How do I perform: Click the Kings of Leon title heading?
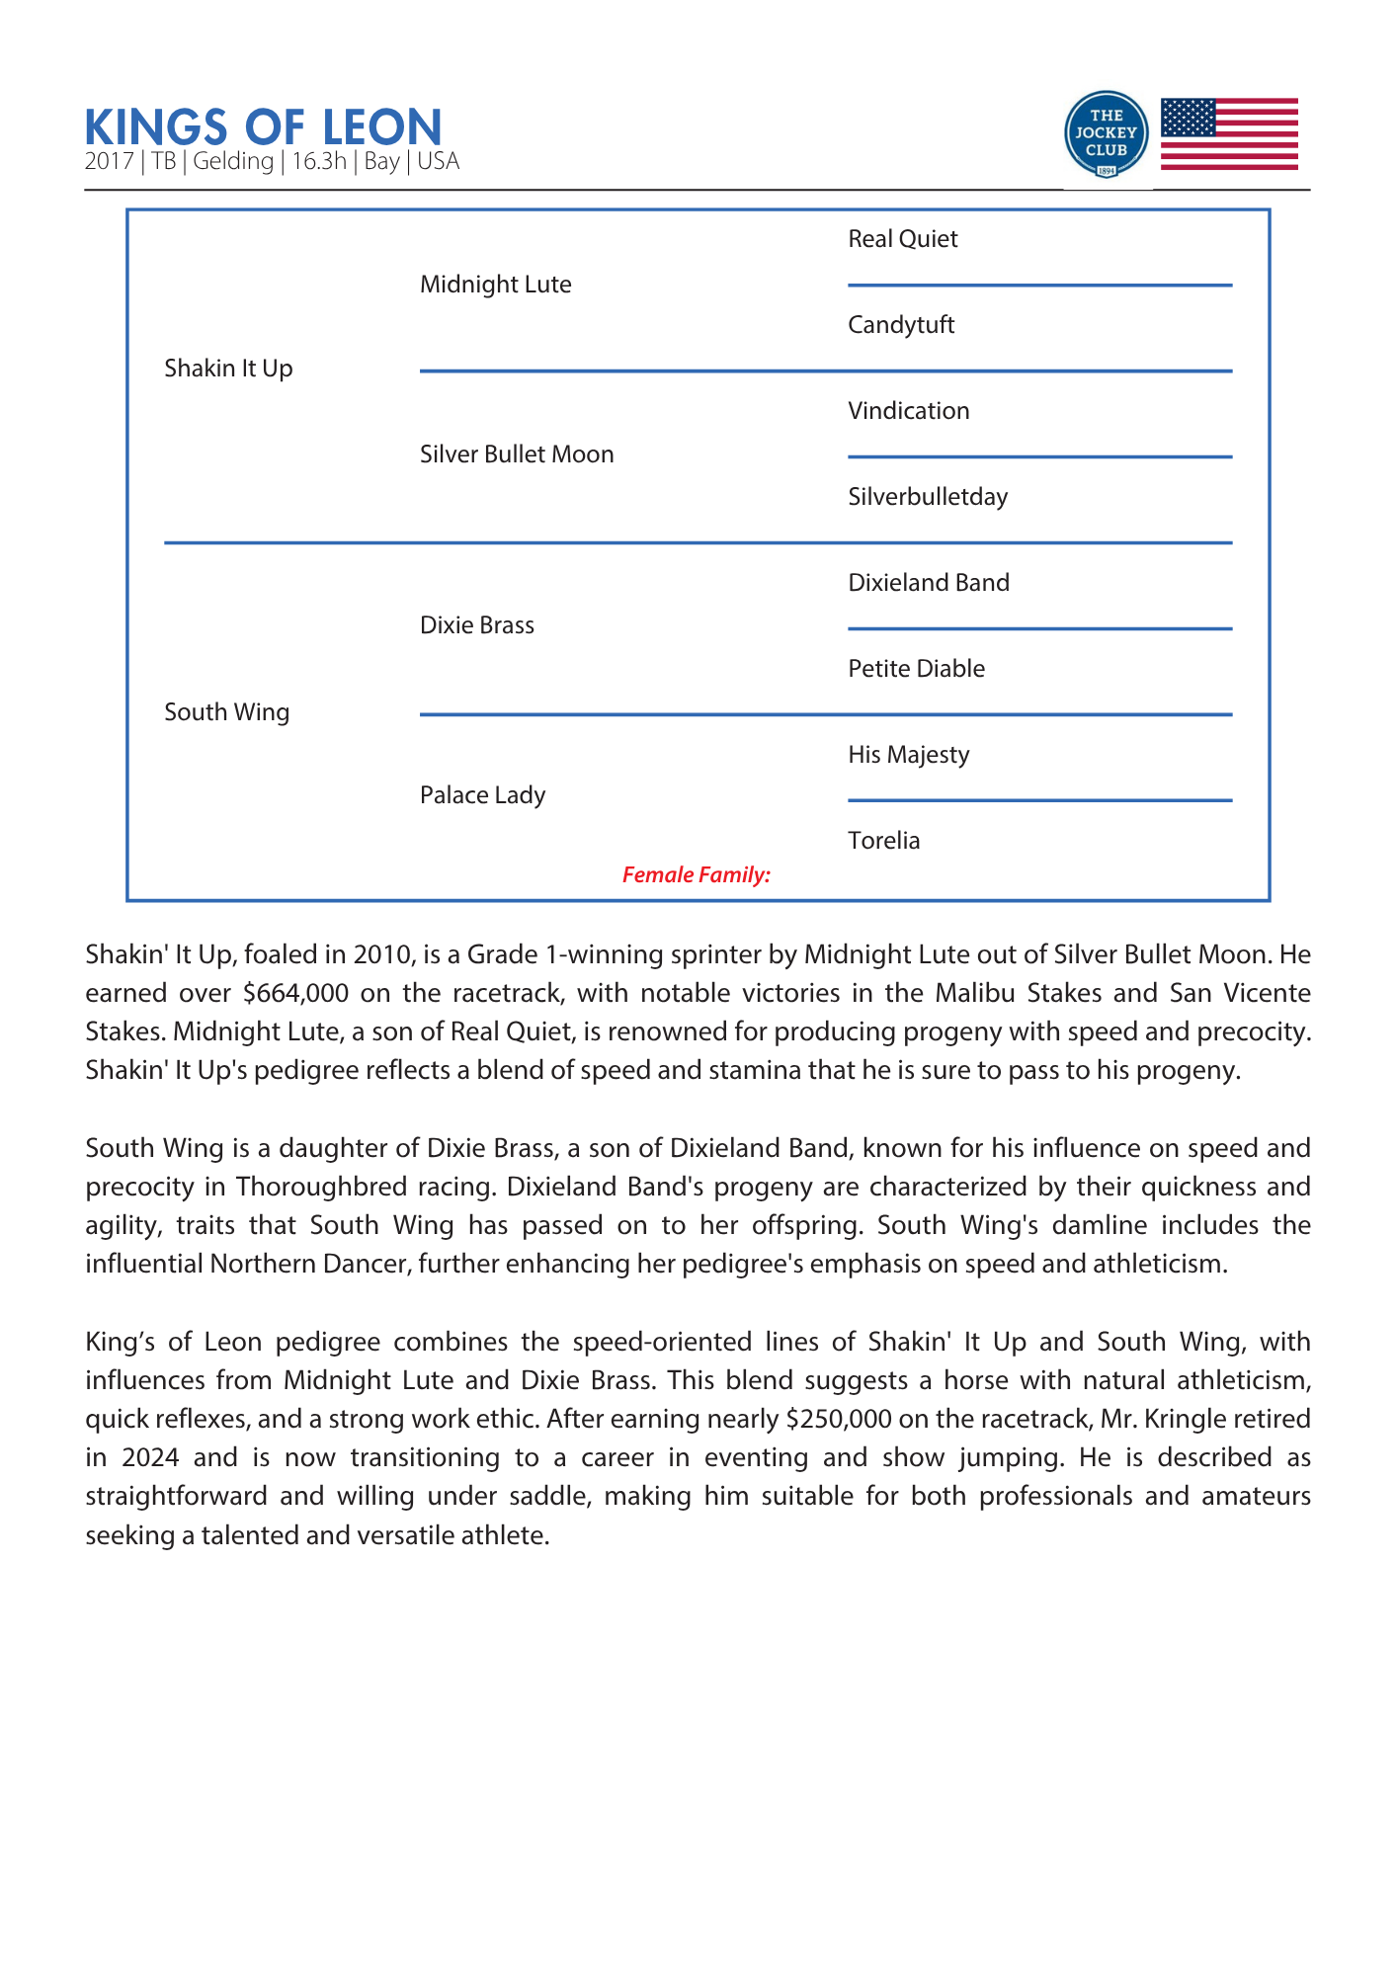pos(263,127)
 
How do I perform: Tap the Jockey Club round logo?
pos(1107,134)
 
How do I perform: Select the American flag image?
pos(1229,134)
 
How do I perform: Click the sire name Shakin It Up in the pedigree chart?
pos(228,369)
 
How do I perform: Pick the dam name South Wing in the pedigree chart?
pos(226,712)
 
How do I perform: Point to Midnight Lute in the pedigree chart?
pos(495,285)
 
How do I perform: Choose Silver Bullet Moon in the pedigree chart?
pos(517,454)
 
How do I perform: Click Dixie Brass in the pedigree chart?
pos(476,625)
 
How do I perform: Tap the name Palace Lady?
pos(482,795)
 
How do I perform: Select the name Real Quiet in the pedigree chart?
pos(902,239)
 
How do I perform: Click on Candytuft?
pos(901,325)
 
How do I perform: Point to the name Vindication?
pos(908,411)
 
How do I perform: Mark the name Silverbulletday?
pos(928,497)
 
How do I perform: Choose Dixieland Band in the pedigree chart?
pos(929,583)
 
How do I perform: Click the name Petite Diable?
pos(916,669)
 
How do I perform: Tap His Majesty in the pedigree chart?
pos(908,755)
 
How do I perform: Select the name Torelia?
pos(883,841)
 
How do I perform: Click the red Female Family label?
pos(696,874)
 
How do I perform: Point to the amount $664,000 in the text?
pos(295,993)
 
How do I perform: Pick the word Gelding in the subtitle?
pos(233,161)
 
